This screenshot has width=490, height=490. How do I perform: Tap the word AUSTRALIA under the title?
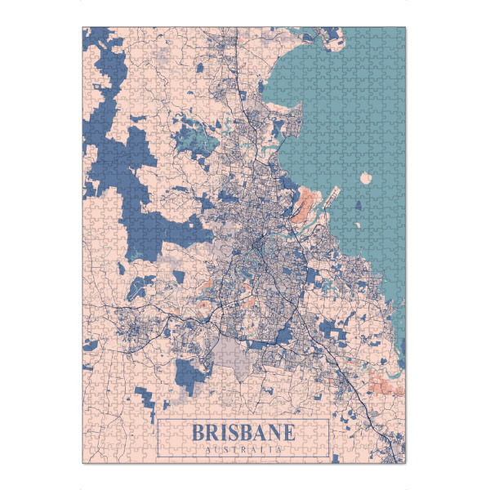(x=243, y=448)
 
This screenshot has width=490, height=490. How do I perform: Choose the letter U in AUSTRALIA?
(x=215, y=448)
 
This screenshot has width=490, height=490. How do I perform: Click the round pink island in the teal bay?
(x=366, y=178)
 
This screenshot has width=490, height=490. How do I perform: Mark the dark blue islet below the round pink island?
(x=357, y=204)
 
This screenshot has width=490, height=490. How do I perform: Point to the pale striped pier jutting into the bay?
(x=330, y=196)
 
